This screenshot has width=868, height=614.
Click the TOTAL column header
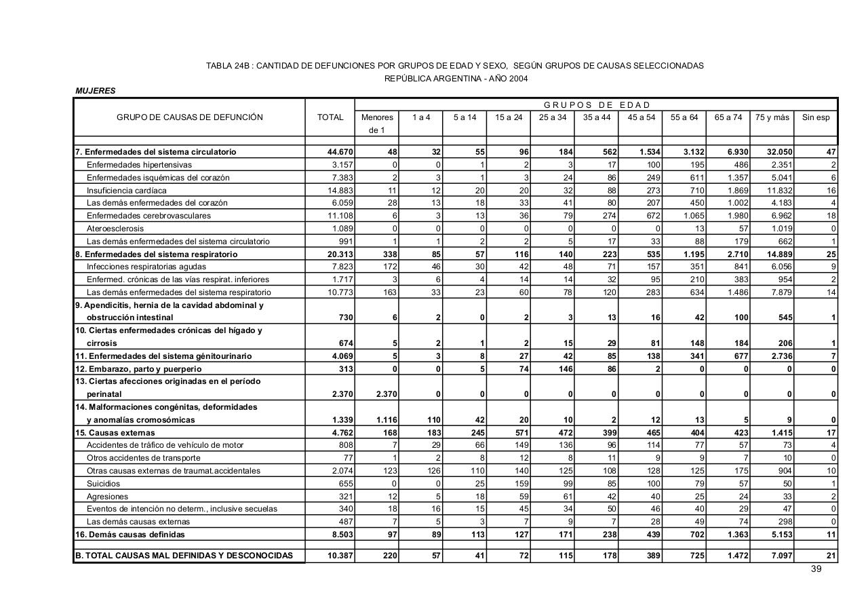330,117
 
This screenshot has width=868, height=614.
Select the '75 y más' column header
772,117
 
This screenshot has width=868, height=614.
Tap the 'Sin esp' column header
816,117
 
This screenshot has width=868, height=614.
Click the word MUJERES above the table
96,91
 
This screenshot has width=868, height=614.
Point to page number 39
816,569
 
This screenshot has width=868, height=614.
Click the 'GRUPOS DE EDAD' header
596,104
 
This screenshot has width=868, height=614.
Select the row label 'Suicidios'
103,484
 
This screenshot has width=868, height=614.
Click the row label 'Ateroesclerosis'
115,229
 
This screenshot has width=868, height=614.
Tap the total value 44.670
339,152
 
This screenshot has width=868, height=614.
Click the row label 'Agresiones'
106,497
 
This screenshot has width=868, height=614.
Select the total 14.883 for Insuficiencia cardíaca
339,191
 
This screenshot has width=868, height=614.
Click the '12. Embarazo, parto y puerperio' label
138,369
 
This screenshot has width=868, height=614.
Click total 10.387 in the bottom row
339,556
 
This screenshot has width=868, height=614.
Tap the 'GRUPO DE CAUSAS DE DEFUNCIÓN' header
190,117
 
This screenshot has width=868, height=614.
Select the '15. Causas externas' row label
115,433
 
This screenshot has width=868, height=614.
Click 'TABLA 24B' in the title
228,66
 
